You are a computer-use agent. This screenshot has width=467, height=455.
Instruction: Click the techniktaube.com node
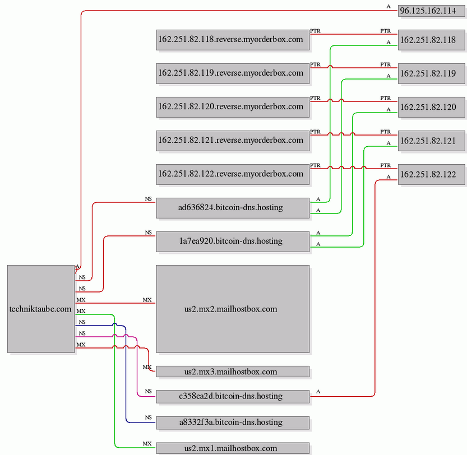(41, 309)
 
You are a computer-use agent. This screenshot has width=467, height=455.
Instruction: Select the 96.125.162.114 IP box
(431, 11)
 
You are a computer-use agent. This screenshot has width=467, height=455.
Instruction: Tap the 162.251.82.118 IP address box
(431, 40)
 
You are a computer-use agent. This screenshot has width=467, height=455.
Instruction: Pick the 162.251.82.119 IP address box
(431, 73)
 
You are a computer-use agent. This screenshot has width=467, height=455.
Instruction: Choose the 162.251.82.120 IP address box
(431, 107)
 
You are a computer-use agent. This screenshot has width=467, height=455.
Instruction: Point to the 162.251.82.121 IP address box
(431, 141)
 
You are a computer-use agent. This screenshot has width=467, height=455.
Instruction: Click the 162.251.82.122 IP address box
(431, 174)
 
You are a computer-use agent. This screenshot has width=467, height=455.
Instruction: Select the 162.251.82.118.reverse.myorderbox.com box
(233, 40)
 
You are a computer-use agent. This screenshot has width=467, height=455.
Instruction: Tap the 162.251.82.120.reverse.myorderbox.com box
(233, 107)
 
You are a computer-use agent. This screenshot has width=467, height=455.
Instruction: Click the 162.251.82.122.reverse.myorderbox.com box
(233, 174)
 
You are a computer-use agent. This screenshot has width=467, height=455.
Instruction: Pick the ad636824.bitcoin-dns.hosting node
(233, 208)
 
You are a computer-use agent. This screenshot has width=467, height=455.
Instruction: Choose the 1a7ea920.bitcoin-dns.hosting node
(233, 242)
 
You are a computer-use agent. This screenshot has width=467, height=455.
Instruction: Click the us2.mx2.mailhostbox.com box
(233, 309)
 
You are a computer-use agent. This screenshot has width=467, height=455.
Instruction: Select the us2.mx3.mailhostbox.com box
(233, 372)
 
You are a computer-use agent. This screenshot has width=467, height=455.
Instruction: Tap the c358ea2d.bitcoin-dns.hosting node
(233, 396)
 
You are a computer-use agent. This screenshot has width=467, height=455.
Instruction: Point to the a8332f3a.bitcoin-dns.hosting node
(233, 422)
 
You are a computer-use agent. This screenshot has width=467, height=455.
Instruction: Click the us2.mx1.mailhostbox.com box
(233, 448)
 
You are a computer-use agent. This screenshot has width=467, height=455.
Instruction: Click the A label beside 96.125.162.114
(389, 7)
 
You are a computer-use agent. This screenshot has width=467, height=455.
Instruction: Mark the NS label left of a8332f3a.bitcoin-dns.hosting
(149, 417)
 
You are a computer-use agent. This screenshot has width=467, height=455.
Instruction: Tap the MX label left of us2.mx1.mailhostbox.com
(147, 444)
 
